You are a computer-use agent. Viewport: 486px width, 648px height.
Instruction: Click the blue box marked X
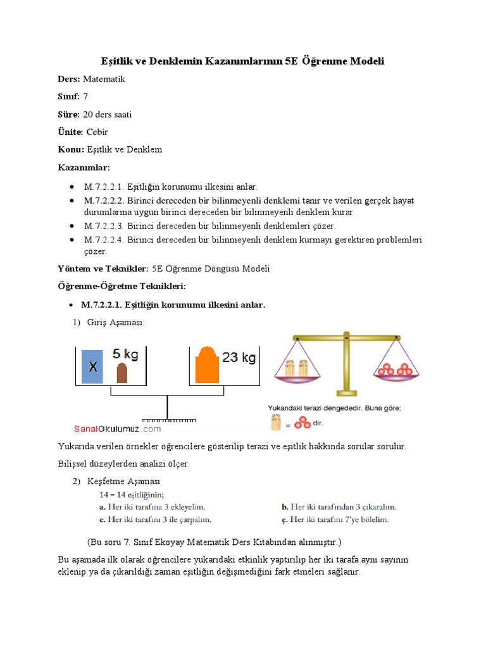(93, 366)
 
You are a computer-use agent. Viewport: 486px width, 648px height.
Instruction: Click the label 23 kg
(239, 358)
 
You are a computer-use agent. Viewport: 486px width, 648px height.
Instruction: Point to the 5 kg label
(125, 353)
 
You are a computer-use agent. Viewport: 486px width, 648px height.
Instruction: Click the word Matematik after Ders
(104, 79)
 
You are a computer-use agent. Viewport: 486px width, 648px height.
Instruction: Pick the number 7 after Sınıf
(85, 97)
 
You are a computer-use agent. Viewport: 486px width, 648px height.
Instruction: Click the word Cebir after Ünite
(97, 132)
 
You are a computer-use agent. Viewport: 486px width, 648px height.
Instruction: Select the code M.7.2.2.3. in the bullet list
(104, 226)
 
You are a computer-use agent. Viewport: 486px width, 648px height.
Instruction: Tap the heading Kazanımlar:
(84, 167)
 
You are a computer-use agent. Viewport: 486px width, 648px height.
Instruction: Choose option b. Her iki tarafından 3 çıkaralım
(339, 507)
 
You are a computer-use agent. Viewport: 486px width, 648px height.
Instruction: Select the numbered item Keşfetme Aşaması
(123, 482)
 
